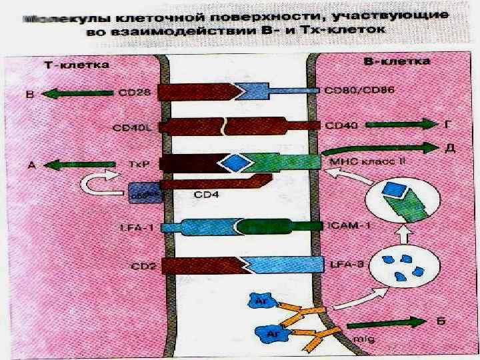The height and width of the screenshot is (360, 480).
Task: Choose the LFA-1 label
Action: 137,227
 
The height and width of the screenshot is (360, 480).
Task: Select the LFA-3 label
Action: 347,265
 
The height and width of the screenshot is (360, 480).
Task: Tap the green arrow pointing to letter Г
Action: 397,124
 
